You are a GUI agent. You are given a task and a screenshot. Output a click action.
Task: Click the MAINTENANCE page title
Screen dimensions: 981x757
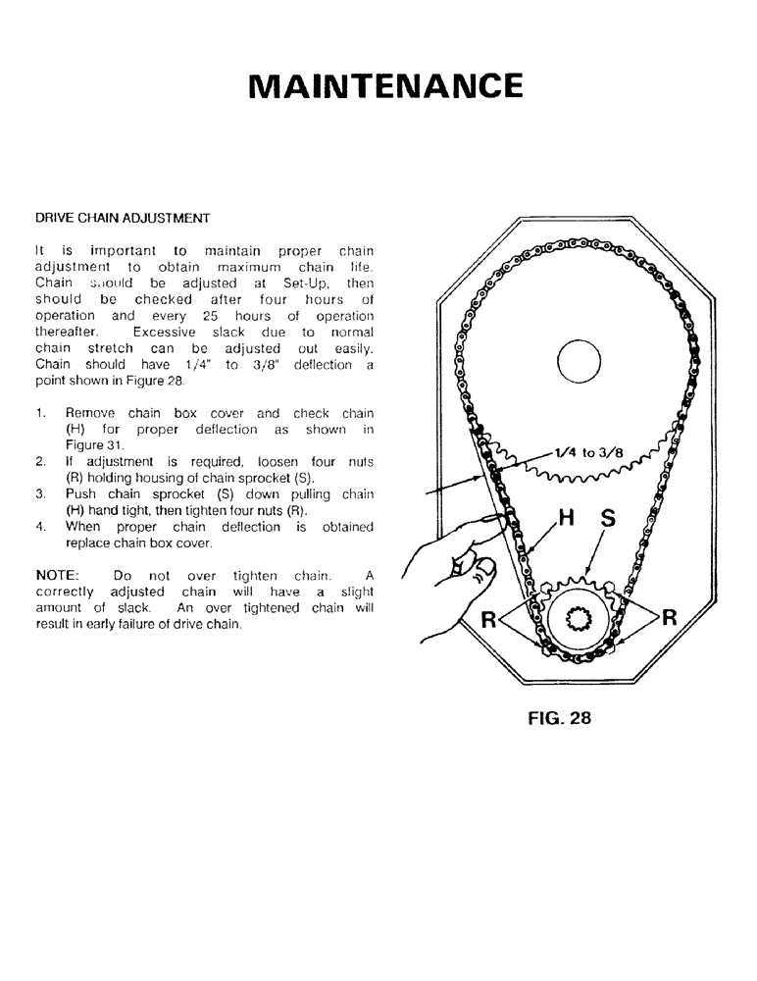(x=385, y=85)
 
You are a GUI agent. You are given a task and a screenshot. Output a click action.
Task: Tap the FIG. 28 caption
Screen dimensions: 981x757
(x=559, y=716)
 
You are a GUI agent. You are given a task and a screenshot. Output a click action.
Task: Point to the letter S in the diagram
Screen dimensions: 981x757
(x=607, y=519)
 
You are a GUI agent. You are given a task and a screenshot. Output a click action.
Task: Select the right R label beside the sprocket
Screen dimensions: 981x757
(x=670, y=617)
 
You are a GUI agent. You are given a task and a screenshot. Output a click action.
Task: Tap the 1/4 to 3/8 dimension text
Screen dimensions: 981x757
(x=588, y=453)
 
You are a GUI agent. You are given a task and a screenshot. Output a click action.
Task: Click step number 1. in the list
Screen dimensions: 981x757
(x=41, y=414)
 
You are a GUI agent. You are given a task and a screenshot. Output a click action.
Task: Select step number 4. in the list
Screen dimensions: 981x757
(x=41, y=527)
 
